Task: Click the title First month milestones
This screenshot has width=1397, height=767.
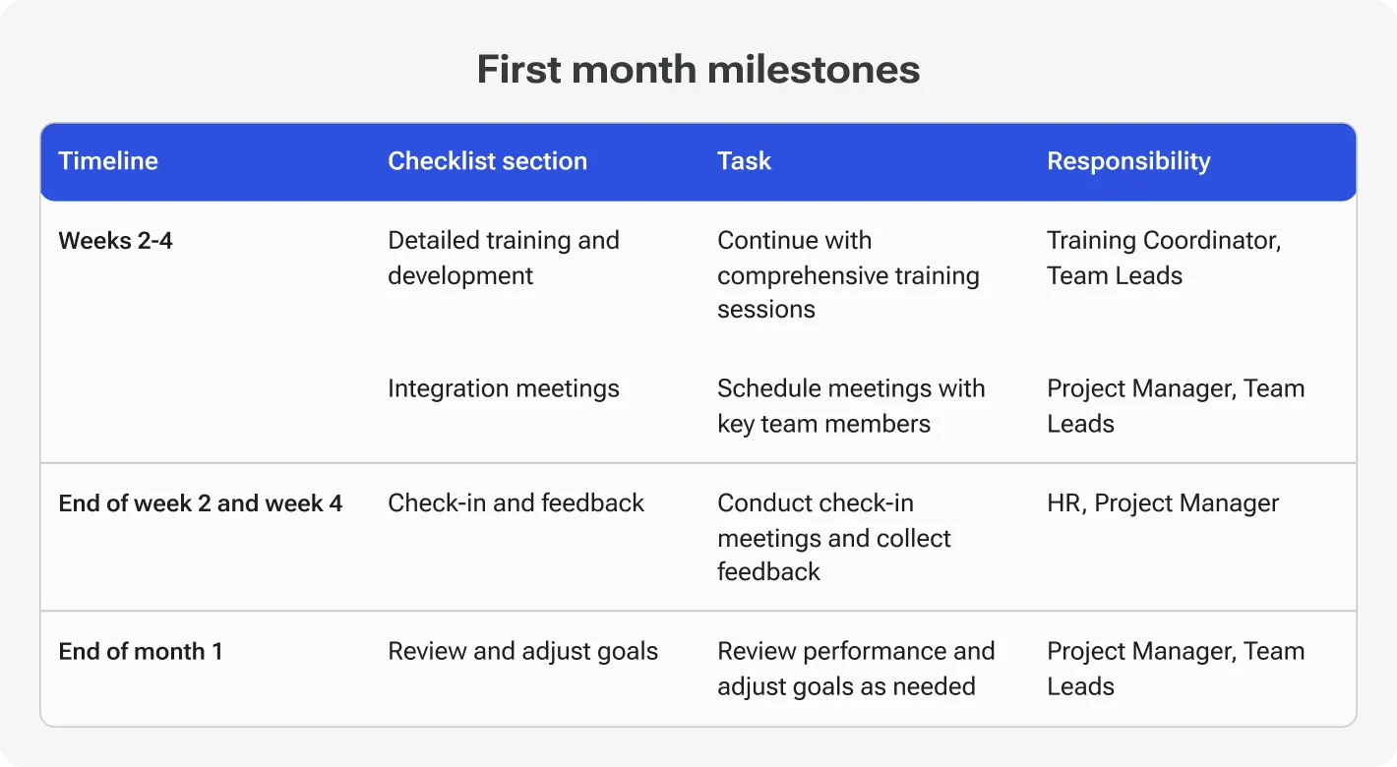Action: pos(698,70)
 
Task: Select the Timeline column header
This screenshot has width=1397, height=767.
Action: pos(108,161)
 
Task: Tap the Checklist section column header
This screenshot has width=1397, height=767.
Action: pos(487,161)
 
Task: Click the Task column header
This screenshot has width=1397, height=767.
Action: pos(744,161)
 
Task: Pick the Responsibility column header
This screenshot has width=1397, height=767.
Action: pos(1128,161)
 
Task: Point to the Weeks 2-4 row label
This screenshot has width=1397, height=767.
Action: pos(115,241)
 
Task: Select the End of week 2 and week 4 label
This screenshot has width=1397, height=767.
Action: pos(201,503)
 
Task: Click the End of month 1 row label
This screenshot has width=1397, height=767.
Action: pos(141,651)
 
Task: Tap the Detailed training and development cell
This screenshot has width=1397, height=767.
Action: pos(504,258)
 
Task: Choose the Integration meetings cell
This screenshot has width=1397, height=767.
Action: pos(504,388)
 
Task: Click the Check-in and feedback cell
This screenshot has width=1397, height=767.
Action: pos(516,503)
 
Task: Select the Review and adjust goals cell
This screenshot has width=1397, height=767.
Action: pos(522,651)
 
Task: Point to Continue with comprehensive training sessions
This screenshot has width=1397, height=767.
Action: pos(848,275)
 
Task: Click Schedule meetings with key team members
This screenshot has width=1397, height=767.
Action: pos(851,406)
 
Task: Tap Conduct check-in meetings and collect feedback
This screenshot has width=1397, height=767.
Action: pos(834,538)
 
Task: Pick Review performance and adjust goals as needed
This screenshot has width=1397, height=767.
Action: pos(856,669)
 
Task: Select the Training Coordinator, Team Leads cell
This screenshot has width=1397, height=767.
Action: pos(1164,258)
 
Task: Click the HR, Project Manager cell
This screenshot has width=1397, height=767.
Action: pos(1163,503)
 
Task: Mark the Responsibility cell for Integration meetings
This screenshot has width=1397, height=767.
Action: pos(1176,406)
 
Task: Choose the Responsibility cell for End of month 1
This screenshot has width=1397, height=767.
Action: pos(1176,669)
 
